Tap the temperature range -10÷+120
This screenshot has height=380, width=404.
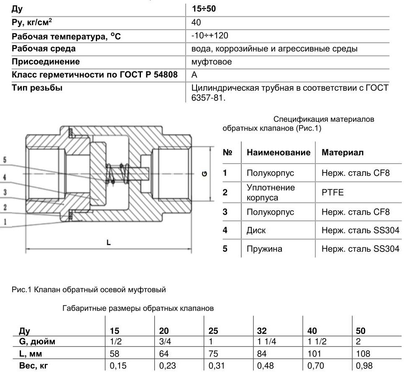210,36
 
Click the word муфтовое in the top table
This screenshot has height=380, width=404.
211,62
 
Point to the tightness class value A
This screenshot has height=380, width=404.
194,75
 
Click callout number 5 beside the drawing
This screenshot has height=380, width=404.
5,160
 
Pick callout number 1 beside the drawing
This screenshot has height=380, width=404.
5,222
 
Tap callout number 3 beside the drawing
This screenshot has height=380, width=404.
5,192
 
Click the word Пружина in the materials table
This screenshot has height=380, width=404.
264,249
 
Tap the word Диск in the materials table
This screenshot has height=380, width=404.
256,230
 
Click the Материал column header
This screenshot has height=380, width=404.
343,152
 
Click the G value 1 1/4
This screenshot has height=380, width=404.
267,342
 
